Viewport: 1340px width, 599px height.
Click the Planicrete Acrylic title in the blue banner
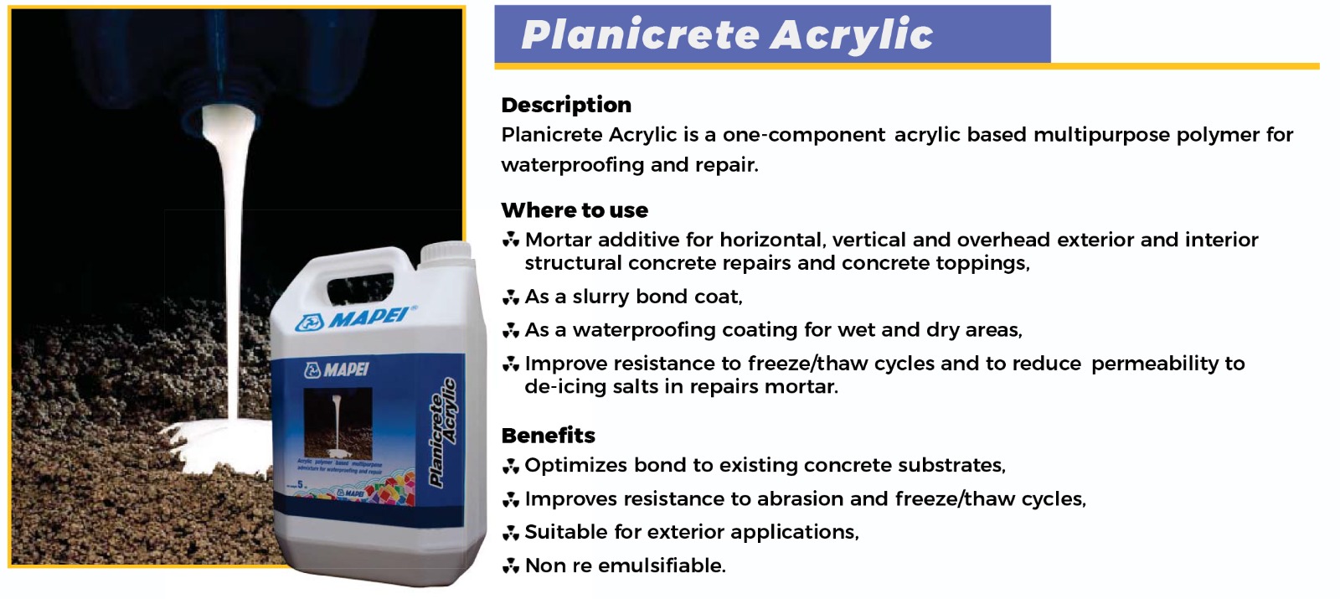coord(727,34)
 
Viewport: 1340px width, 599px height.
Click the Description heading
coord(566,105)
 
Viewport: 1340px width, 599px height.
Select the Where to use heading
coord(575,210)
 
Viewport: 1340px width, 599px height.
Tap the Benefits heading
coord(548,435)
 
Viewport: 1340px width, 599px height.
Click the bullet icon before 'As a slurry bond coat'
coord(510,297)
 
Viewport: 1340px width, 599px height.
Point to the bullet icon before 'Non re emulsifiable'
coord(510,565)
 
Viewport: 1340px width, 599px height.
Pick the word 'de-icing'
coord(566,387)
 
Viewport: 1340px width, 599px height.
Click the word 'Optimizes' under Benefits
coord(575,466)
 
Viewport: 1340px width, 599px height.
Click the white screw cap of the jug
coord(446,252)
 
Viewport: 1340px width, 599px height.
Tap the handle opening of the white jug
coord(360,287)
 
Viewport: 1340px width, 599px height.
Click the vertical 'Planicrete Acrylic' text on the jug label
coord(443,432)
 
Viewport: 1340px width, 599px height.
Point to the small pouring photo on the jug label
coord(338,423)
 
